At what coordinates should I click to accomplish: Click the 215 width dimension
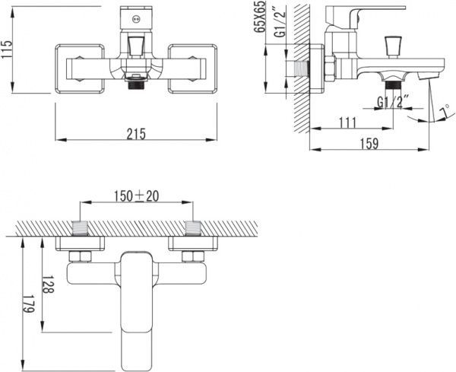tap(136, 134)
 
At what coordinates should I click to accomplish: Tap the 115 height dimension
tap(7, 49)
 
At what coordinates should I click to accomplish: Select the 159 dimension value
tap(369, 144)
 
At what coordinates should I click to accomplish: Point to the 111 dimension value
tap(347, 122)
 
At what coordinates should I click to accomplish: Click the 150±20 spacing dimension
tap(136, 196)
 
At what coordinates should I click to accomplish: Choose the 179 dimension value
tap(29, 304)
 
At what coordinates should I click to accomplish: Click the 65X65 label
tap(259, 17)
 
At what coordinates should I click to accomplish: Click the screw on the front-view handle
tap(136, 20)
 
